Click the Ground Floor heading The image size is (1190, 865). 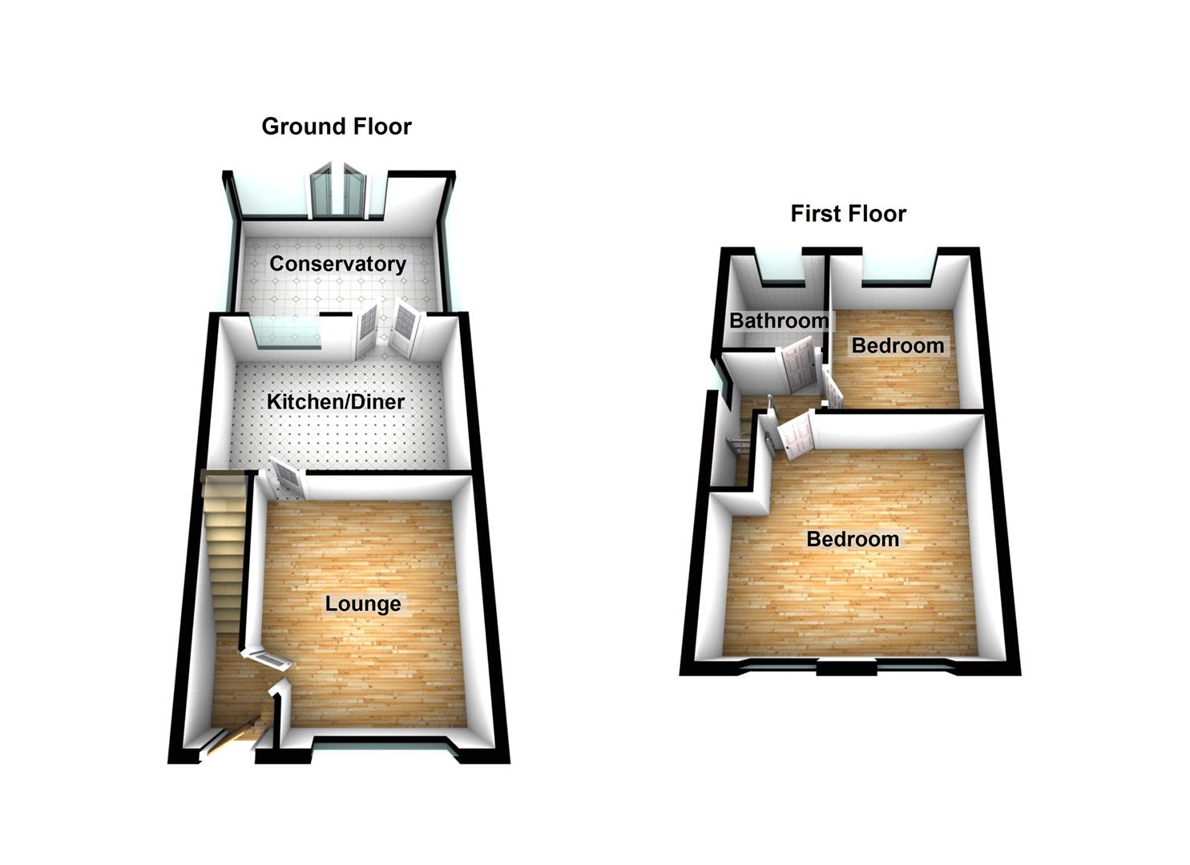(337, 127)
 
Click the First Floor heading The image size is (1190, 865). (848, 214)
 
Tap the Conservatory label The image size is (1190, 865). (337, 264)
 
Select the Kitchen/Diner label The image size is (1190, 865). (335, 401)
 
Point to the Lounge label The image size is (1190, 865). (362, 603)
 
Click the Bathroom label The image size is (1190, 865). (779, 321)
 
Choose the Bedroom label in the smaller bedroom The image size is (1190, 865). (898, 346)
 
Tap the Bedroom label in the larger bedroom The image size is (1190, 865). (853, 539)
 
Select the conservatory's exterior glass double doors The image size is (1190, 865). (338, 192)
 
